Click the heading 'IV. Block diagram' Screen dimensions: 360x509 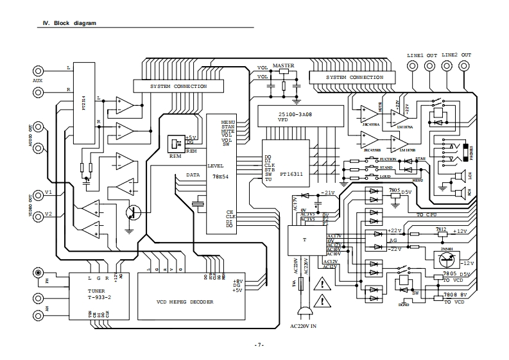point(69,23)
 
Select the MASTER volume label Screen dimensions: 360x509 point(283,66)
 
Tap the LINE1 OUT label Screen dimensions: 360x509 point(422,56)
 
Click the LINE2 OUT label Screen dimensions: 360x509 point(456,56)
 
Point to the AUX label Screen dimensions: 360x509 point(38,81)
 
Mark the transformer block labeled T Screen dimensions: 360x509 point(304,240)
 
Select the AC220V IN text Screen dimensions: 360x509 point(304,326)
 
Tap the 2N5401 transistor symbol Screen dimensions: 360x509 point(447,259)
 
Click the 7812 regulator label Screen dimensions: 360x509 point(440,228)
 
